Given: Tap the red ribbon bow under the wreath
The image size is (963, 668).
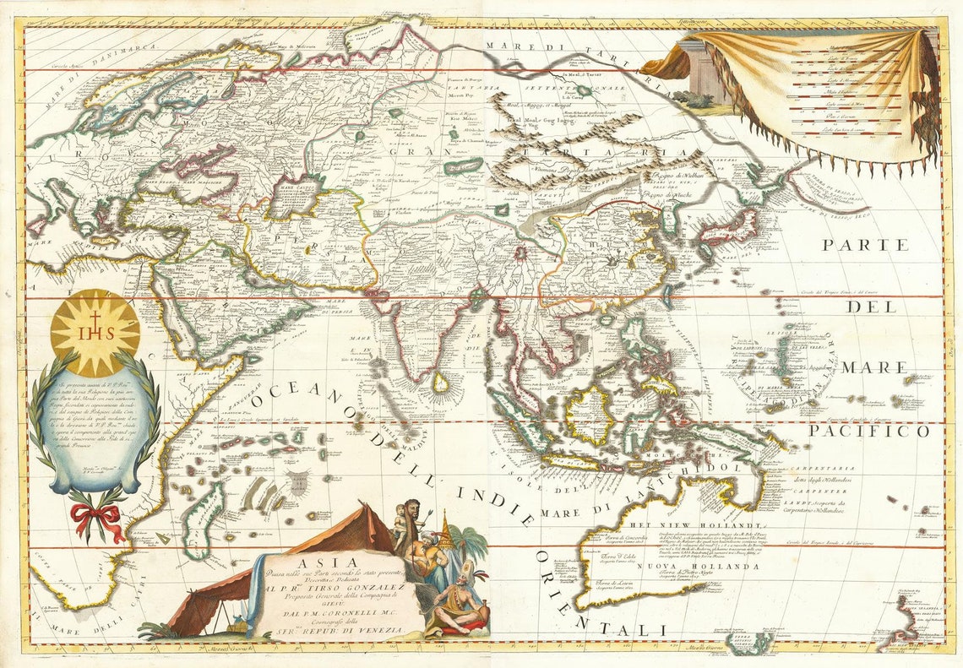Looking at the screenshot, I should point(95,516).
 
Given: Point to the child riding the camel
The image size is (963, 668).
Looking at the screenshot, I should point(400,518).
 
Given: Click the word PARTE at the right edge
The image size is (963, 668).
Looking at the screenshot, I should point(868,245).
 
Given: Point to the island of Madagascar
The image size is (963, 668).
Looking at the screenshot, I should point(205,520).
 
